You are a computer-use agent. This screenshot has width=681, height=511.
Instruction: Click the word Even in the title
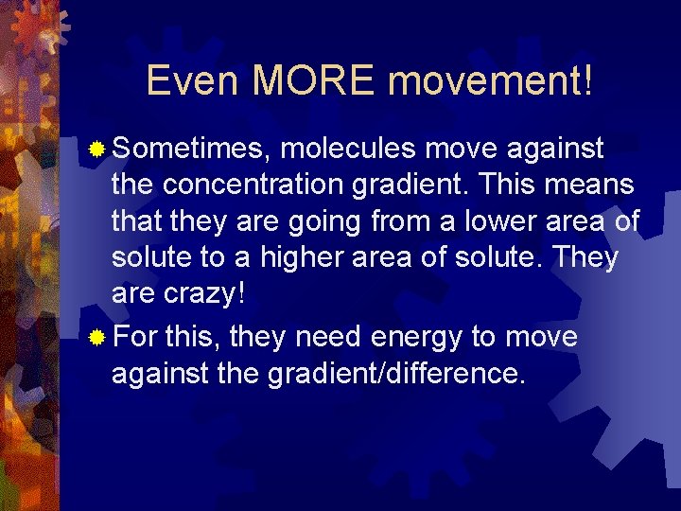click(194, 81)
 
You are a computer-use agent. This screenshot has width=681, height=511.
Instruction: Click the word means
click(593, 185)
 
